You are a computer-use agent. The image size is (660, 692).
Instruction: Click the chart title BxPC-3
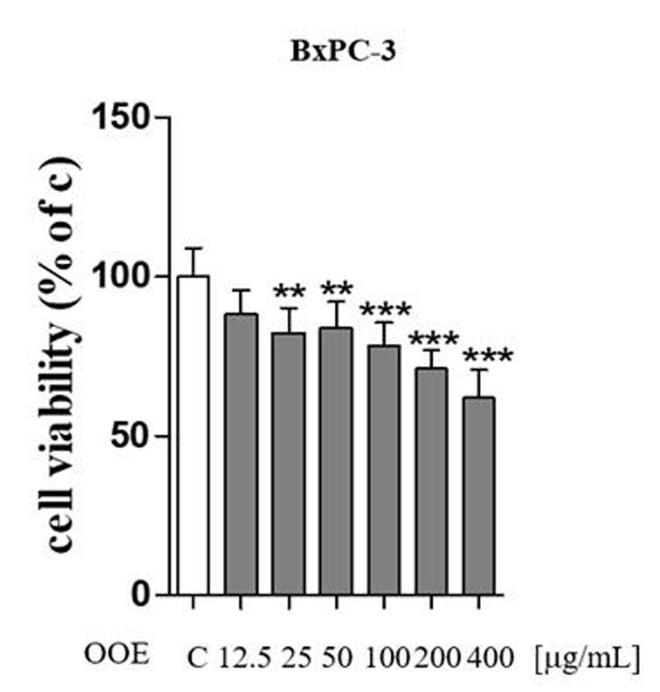tap(343, 52)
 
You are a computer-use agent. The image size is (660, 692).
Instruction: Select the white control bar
tap(193, 435)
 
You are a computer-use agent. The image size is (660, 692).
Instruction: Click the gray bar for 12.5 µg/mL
tap(242, 454)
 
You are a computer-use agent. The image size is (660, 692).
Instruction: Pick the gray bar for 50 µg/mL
tap(337, 461)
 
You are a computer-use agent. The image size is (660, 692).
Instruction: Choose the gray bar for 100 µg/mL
tap(384, 470)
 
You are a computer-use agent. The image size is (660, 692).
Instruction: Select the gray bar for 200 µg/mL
tap(431, 481)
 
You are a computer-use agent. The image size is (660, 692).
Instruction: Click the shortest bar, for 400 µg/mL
tap(479, 496)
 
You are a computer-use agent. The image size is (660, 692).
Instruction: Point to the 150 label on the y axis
tap(121, 117)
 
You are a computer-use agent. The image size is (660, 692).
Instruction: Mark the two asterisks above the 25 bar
tap(289, 291)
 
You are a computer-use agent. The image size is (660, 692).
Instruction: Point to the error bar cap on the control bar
tap(193, 249)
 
